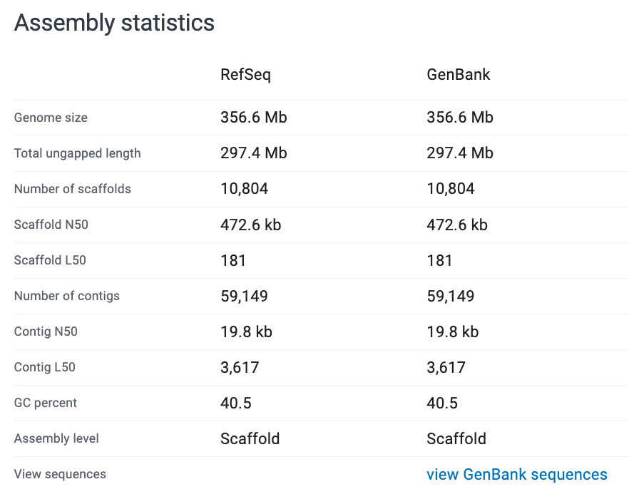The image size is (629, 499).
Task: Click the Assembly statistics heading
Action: point(114,23)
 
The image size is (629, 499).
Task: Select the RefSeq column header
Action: point(245,75)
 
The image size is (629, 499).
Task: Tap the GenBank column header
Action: point(458,75)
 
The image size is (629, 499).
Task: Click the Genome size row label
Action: point(51,118)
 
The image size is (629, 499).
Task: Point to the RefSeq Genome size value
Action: point(253,118)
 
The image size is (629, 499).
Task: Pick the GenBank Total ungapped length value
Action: point(459,153)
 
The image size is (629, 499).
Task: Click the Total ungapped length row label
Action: point(77,153)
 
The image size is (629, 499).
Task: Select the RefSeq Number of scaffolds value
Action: point(244,189)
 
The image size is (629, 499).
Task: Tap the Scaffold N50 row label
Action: point(51,225)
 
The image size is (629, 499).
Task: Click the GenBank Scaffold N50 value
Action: point(456,225)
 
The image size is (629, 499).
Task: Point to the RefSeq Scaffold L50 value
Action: point(233,260)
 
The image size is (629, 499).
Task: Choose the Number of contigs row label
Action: point(66,296)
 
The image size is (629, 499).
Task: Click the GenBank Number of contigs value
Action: point(450,296)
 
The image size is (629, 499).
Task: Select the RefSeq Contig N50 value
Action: point(246,331)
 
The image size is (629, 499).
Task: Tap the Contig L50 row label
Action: point(44,367)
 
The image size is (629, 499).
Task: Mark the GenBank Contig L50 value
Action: point(446,367)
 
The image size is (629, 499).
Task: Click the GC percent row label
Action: point(45,403)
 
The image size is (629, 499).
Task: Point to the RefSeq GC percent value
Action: point(235,403)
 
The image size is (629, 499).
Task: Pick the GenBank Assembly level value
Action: point(456,438)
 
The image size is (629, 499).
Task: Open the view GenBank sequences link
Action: point(516,474)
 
